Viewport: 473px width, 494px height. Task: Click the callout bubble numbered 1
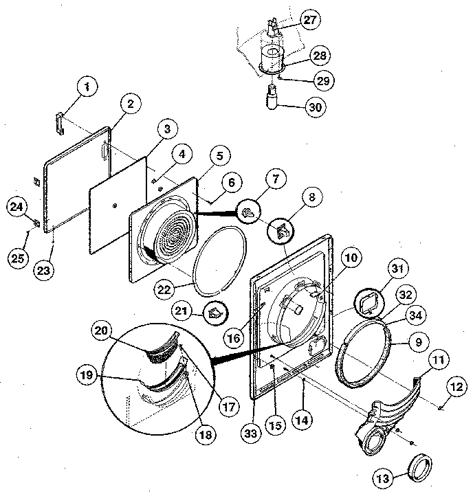[87, 88]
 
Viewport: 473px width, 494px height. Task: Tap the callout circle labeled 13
[386, 477]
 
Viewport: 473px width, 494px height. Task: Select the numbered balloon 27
[310, 20]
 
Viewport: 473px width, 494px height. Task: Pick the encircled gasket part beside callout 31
[368, 300]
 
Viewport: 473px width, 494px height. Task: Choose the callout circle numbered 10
[351, 258]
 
